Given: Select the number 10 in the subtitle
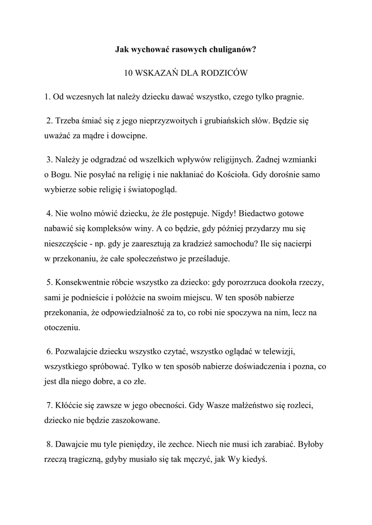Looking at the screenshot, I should click(129, 73).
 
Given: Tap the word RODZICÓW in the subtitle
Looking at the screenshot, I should click(225, 73).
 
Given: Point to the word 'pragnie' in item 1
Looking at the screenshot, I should click(290, 96).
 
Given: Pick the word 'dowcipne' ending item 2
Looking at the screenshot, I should click(130, 136).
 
